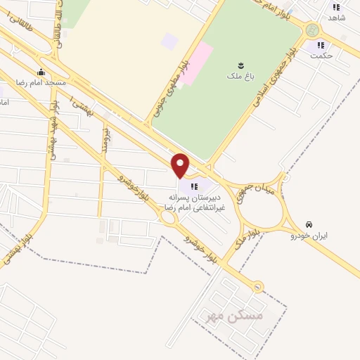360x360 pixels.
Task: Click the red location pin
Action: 181,165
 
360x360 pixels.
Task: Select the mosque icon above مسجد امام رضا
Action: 41,71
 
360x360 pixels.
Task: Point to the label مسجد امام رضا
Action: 46,82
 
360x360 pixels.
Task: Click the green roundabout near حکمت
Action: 311,30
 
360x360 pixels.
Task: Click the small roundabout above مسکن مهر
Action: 258,286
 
